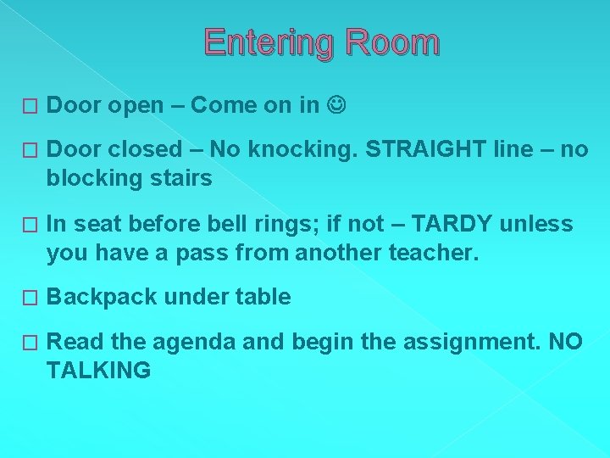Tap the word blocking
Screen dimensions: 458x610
[91, 178]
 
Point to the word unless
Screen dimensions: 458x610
[537, 224]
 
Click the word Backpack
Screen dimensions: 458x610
[102, 297]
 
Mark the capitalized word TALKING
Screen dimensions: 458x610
[98, 370]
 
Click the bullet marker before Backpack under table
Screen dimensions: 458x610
[30, 298]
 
